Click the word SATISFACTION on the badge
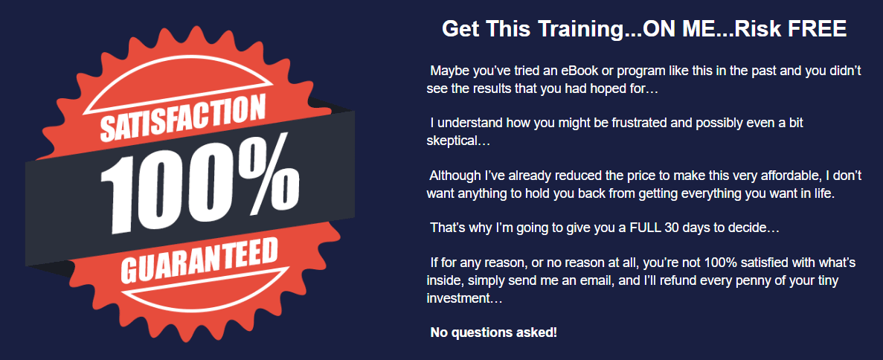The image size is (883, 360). click(182, 120)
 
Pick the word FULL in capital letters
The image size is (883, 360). click(646, 228)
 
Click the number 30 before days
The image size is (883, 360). click(672, 228)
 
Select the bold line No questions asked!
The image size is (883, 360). click(494, 332)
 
